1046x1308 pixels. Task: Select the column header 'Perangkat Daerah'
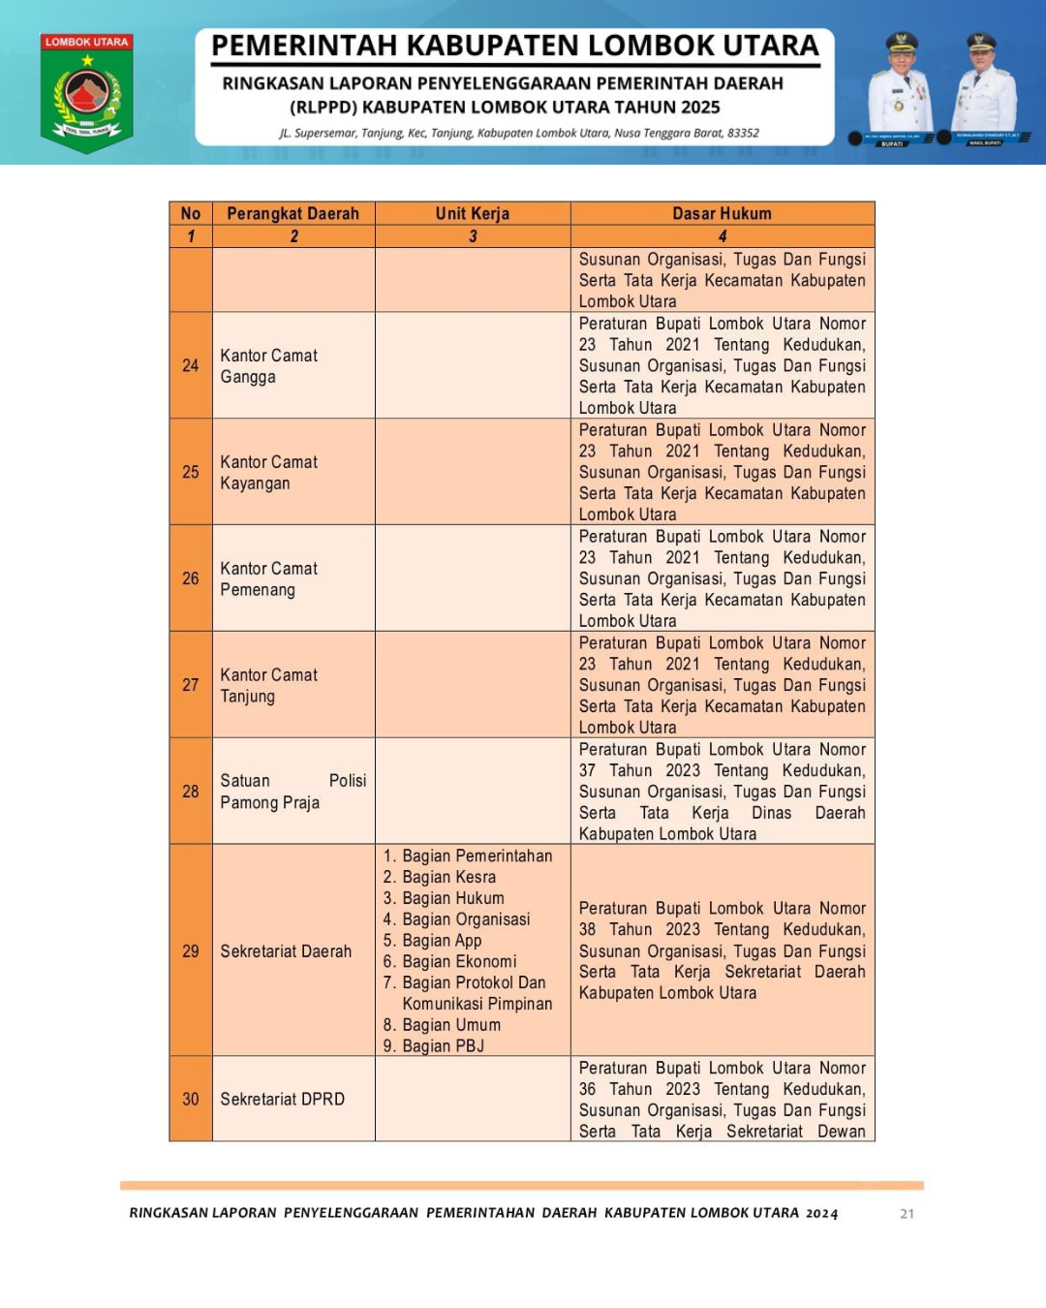click(x=292, y=213)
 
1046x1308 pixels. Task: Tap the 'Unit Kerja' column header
click(x=473, y=213)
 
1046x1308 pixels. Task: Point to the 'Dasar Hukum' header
click(x=723, y=213)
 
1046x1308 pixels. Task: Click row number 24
click(x=191, y=365)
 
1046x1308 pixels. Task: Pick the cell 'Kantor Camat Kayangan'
click(x=268, y=472)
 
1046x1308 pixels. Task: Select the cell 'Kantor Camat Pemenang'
click(x=268, y=578)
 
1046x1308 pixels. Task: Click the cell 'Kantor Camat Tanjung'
click(x=268, y=685)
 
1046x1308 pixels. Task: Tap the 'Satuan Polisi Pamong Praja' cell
click(x=292, y=792)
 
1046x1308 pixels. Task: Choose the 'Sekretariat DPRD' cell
click(x=282, y=1099)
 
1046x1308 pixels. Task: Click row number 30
click(x=191, y=1099)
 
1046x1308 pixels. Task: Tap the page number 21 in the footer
click(x=907, y=1213)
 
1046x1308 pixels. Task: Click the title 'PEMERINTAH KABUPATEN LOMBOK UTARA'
click(x=515, y=46)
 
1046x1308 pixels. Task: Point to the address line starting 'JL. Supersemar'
click(x=519, y=133)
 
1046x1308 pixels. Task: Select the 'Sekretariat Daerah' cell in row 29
click(x=286, y=951)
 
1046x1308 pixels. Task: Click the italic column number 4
click(x=723, y=236)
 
